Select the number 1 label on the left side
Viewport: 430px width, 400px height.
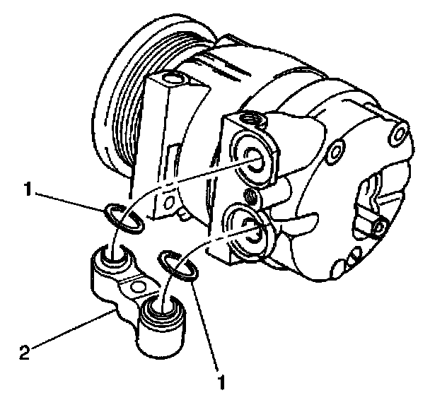pos(26,190)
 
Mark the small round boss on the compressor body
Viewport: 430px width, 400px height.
pos(337,149)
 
